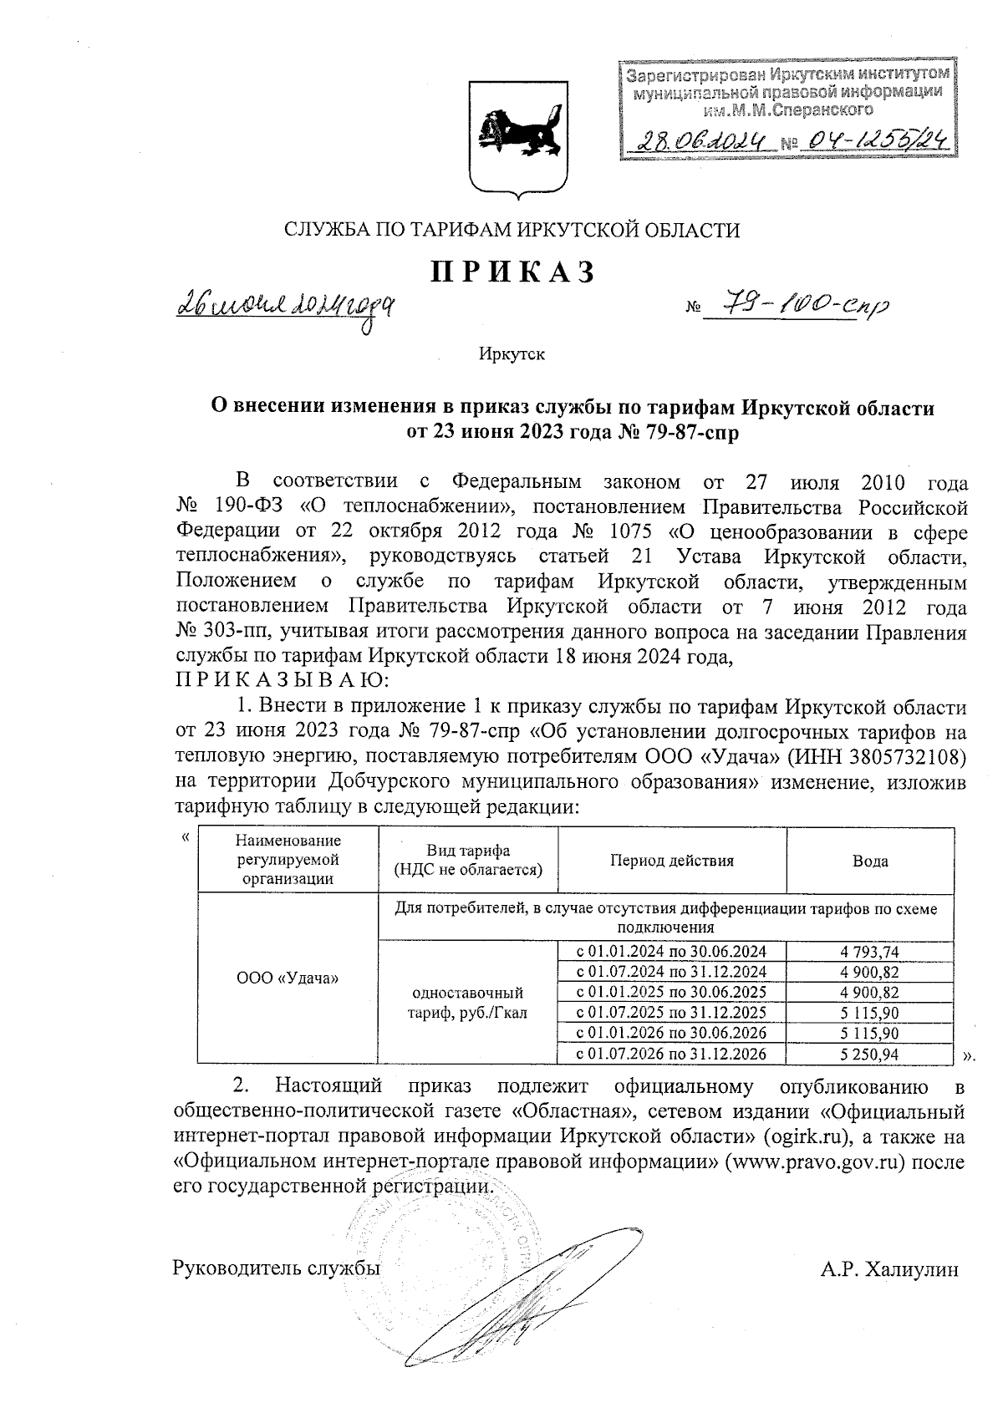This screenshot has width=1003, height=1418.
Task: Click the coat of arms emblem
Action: coord(512,139)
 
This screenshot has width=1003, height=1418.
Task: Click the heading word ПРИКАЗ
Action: coord(512,273)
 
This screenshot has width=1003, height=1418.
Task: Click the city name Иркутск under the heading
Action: coord(512,354)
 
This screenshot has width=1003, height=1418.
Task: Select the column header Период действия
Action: coord(671,861)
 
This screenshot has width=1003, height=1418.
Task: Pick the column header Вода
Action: coord(870,861)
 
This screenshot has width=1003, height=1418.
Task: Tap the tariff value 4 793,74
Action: coord(870,951)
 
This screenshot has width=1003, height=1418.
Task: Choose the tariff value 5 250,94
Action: coord(870,1055)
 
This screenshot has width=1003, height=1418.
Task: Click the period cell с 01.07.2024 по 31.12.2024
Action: coord(672,972)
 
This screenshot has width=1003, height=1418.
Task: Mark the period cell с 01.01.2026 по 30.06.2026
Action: coord(672,1034)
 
